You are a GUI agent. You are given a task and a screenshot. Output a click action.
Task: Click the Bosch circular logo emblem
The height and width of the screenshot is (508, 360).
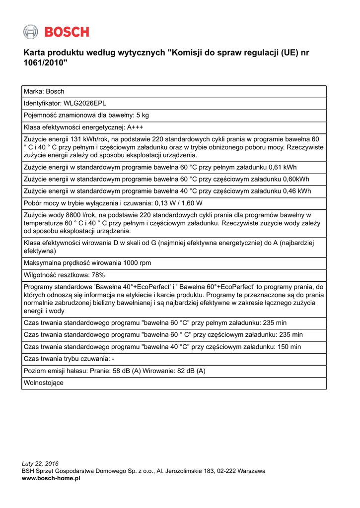pyautogui.click(x=30, y=32)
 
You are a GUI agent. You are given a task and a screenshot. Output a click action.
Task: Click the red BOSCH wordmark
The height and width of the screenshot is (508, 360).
pyautogui.click(x=67, y=32)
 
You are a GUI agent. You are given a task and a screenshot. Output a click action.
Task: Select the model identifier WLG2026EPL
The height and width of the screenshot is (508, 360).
pyautogui.click(x=84, y=103)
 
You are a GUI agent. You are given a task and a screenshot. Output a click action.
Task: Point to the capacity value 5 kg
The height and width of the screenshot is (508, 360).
pyautogui.click(x=142, y=115)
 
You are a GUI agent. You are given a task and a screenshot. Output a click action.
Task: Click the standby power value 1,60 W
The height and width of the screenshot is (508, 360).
pyautogui.click(x=189, y=203)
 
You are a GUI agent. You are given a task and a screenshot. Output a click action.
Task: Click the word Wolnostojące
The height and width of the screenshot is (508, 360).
pyautogui.click(x=44, y=382)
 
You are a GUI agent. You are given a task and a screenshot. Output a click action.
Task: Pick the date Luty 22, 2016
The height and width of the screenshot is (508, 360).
pyautogui.click(x=40, y=464)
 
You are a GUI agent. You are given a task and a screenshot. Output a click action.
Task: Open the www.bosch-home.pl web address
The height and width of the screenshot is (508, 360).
pyautogui.click(x=51, y=478)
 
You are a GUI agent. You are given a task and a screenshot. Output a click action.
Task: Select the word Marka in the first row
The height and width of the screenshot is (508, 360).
pyautogui.click(x=33, y=91)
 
